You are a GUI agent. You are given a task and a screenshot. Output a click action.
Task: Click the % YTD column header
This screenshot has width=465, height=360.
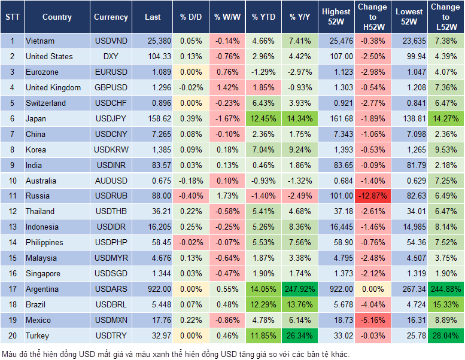point(263,17)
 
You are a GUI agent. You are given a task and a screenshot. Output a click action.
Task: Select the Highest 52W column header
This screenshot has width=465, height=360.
point(336,17)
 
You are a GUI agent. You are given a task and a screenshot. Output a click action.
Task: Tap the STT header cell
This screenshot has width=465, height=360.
point(12,17)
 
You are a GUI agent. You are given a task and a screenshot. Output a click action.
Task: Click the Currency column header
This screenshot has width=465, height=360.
point(111,17)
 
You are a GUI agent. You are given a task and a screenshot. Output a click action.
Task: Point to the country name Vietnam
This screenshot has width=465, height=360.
point(40,41)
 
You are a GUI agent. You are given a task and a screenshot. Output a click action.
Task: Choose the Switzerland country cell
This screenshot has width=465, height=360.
point(45,103)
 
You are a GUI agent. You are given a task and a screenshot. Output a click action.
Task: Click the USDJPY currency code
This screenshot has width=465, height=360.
point(110,119)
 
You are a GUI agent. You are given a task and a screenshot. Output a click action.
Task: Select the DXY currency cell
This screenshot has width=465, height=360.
point(110,57)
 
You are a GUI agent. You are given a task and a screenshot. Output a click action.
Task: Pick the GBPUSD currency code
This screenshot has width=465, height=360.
point(111,88)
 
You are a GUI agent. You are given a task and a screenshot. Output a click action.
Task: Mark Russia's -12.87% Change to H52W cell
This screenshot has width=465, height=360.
point(372,196)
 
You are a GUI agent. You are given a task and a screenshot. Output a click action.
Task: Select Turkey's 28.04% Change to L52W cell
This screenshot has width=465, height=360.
point(445,336)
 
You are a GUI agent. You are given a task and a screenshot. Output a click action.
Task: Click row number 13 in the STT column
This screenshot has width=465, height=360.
point(12,227)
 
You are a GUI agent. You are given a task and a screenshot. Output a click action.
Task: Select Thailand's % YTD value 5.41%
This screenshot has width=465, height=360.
point(263,212)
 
